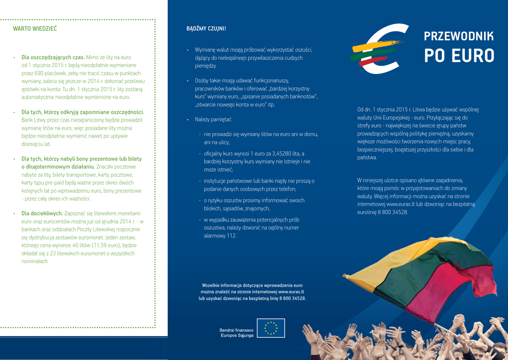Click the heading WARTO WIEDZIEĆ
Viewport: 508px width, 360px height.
tap(35, 29)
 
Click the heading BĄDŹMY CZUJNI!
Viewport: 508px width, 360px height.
tap(206, 28)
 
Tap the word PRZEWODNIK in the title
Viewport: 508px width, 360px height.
tap(459, 36)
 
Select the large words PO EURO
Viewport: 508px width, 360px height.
tap(459, 56)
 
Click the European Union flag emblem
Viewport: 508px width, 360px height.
tap(271, 328)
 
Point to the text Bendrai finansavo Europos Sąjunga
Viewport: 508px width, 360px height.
tap(236, 333)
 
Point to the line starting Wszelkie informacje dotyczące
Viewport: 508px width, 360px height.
tap(252, 286)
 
